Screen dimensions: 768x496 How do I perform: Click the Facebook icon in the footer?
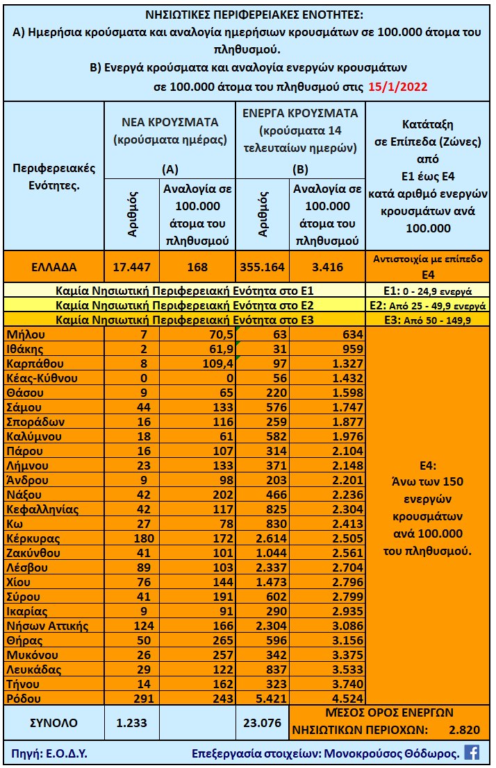[x=472, y=752]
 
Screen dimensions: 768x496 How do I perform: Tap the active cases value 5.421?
[x=262, y=698]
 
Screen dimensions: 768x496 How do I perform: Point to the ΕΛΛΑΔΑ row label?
[x=54, y=266]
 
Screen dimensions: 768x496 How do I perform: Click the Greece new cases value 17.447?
[x=132, y=266]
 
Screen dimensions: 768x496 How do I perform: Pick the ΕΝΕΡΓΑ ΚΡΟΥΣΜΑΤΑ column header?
[x=300, y=113]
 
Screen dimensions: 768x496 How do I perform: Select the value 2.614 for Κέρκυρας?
[x=262, y=538]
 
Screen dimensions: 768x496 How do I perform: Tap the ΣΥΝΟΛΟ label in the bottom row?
[x=54, y=722]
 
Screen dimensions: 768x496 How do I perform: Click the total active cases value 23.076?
[x=262, y=722]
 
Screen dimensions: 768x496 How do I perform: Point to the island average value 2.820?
[x=464, y=729]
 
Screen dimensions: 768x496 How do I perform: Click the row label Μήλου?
[x=26, y=335]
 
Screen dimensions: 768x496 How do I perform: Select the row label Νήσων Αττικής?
[x=47, y=626]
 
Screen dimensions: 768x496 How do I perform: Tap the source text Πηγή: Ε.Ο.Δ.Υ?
[x=49, y=753]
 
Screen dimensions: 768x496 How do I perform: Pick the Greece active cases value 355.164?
[x=263, y=266]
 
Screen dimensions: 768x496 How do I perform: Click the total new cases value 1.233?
[x=132, y=722]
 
